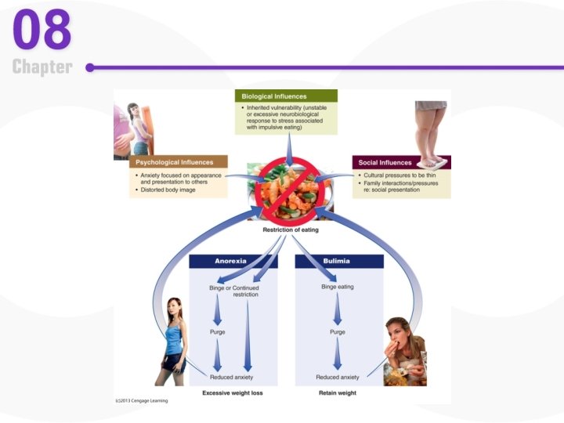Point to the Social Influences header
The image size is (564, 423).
click(385, 162)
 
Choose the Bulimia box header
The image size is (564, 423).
click(337, 262)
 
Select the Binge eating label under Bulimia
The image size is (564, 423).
click(338, 287)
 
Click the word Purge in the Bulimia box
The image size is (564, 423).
click(338, 332)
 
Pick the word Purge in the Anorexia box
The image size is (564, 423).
click(218, 332)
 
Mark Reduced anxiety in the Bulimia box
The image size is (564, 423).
click(338, 377)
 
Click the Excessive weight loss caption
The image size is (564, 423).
click(232, 392)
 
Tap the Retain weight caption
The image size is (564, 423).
click(338, 392)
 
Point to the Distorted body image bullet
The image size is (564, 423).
click(167, 190)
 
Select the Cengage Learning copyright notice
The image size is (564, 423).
click(142, 401)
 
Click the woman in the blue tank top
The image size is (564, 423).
click(174, 341)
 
